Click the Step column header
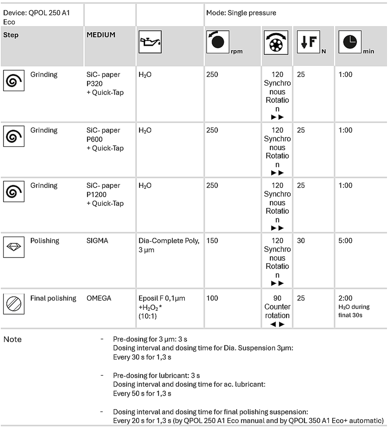[11, 35]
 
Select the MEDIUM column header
[101, 35]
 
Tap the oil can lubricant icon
[150, 42]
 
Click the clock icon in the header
[350, 42]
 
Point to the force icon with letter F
[308, 42]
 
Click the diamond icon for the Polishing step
[14, 247]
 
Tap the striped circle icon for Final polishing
[14, 304]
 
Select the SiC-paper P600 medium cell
[105, 139]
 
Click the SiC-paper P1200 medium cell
[105, 194]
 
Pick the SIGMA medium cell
[97, 241]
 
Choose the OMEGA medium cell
[99, 298]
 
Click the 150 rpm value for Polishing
[212, 241]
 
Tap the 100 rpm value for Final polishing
[212, 298]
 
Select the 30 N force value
[301, 241]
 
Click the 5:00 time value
[345, 241]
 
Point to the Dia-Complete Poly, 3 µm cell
[168, 245]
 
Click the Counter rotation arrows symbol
[277, 324]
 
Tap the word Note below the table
[12, 339]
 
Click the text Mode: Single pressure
[241, 13]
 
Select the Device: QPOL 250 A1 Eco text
[36, 17]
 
